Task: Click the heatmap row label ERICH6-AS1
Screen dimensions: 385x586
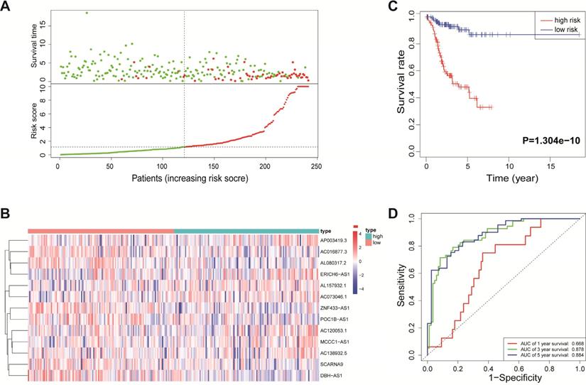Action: click(x=338, y=273)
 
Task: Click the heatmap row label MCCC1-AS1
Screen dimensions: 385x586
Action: click(x=337, y=341)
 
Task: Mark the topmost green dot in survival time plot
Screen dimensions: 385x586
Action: click(x=87, y=13)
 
